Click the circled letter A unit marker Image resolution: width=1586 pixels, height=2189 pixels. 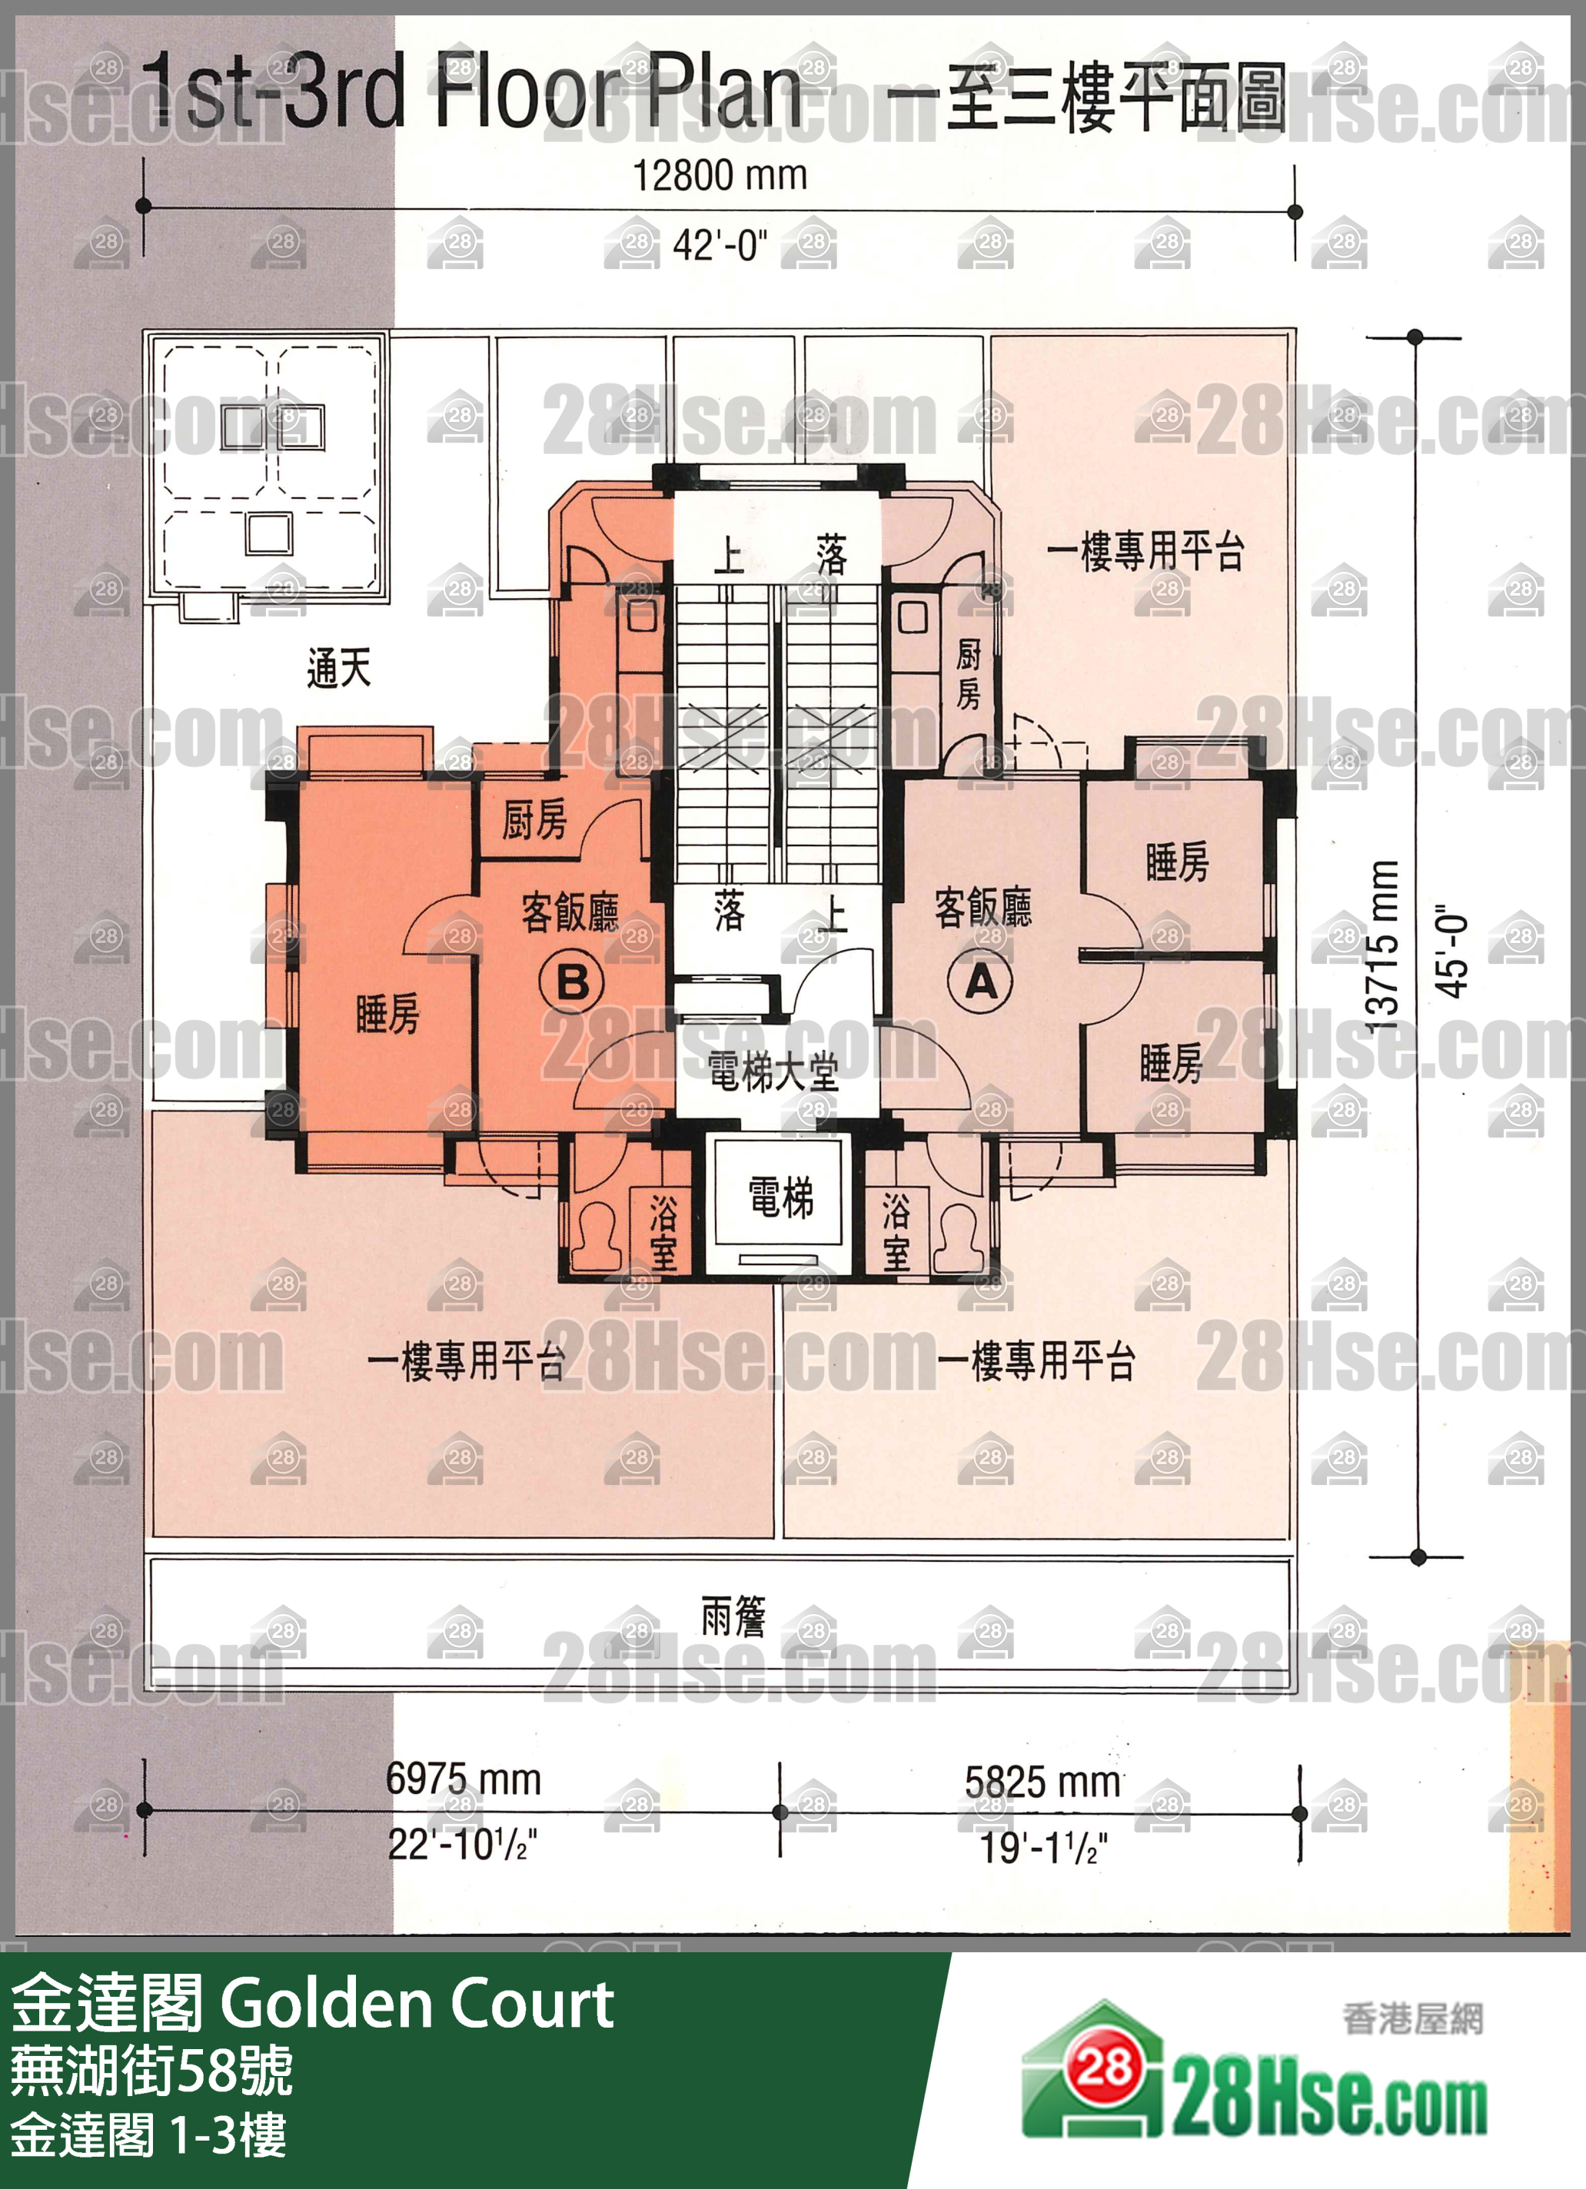tap(981, 982)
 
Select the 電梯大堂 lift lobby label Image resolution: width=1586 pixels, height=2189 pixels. tap(773, 1071)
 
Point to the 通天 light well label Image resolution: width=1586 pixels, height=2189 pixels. tap(339, 667)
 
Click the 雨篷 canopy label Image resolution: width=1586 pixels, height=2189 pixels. tap(733, 1616)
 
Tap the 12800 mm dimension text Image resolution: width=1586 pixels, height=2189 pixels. tap(720, 176)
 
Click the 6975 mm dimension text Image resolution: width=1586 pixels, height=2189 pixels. tap(464, 1779)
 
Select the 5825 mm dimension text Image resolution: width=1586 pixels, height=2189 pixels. tap(1042, 1782)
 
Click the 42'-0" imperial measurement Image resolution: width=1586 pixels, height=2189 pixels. tap(720, 245)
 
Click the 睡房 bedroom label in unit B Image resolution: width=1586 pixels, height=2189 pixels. tap(388, 1015)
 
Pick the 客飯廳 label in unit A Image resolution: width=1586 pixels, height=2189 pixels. tap(983, 907)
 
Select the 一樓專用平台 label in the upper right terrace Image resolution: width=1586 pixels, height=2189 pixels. tap(1145, 551)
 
